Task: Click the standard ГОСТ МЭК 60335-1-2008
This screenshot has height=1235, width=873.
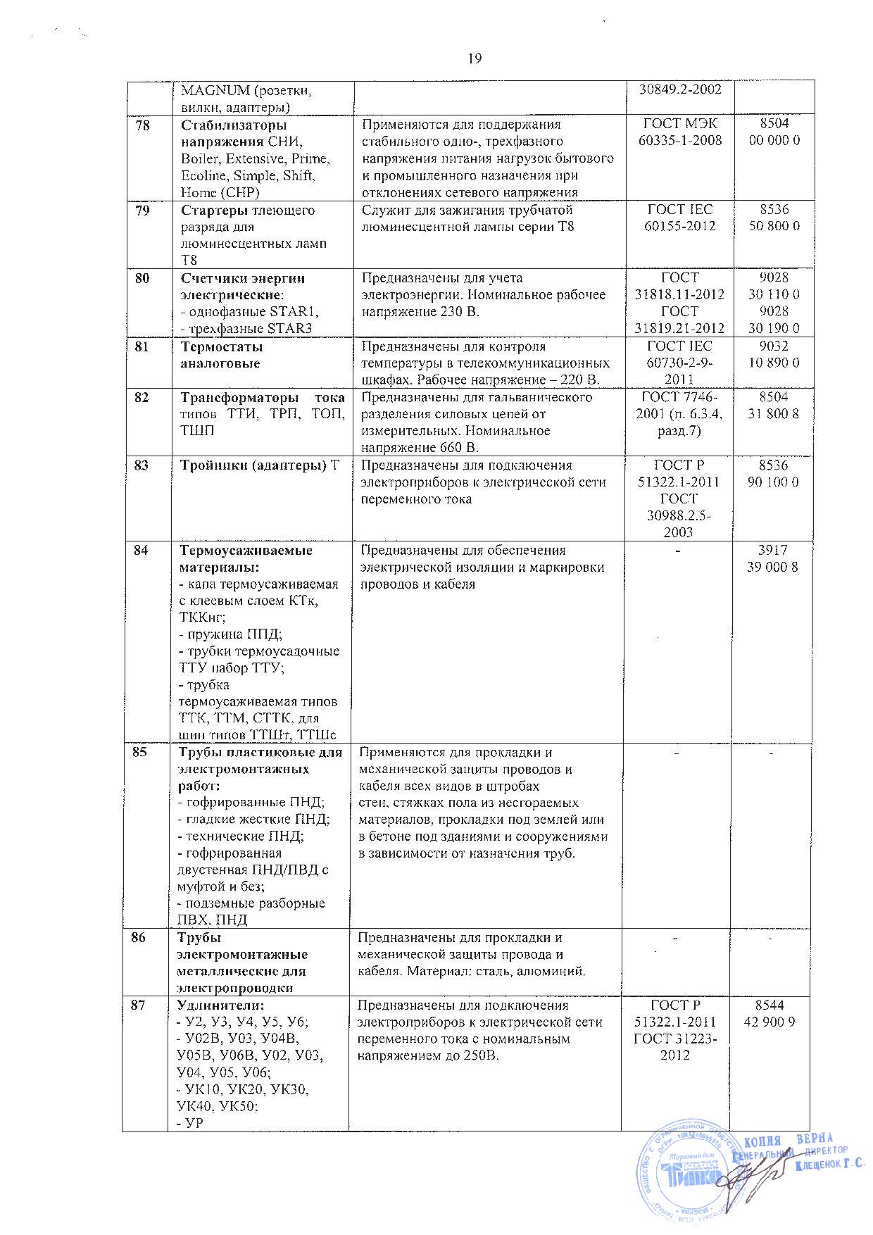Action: click(x=679, y=132)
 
